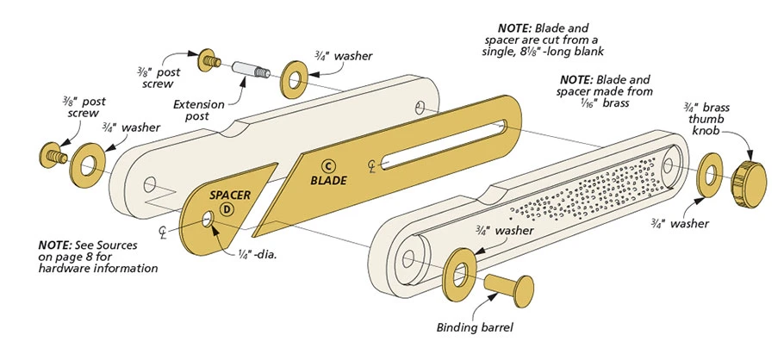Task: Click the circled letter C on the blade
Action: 327,165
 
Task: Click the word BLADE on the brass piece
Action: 328,181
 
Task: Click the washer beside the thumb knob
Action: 709,175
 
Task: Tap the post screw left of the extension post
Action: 209,59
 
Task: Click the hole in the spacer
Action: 208,222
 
